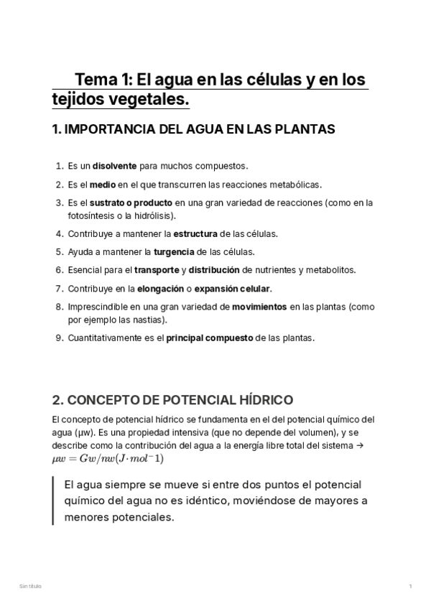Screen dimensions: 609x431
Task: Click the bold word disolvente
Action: coord(114,165)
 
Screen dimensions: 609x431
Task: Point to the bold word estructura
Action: coord(195,233)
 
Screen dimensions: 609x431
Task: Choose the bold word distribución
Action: coord(214,270)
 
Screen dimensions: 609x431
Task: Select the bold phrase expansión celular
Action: coord(233,289)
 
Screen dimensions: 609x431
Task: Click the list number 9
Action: coord(58,338)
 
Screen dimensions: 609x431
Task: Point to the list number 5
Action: coord(58,252)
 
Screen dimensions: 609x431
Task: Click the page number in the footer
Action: coord(410,587)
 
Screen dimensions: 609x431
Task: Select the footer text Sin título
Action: coord(30,587)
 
